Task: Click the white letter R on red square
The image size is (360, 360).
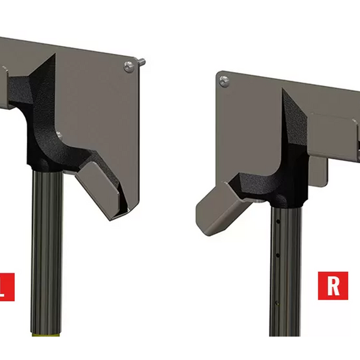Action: tap(333, 285)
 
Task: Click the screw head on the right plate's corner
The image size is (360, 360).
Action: tap(224, 80)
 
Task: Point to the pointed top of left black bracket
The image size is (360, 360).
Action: tap(54, 56)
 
